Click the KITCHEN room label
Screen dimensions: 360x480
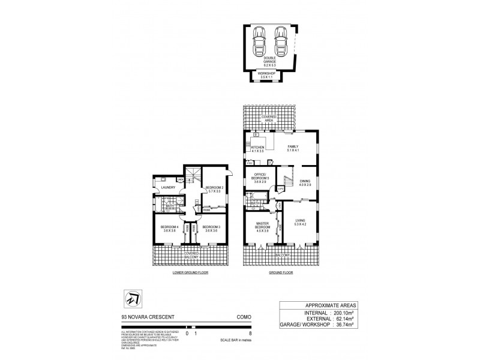point(257,149)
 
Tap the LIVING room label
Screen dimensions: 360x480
point(301,223)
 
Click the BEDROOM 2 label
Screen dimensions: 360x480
point(214,189)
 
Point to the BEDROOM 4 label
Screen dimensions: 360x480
point(168,228)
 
